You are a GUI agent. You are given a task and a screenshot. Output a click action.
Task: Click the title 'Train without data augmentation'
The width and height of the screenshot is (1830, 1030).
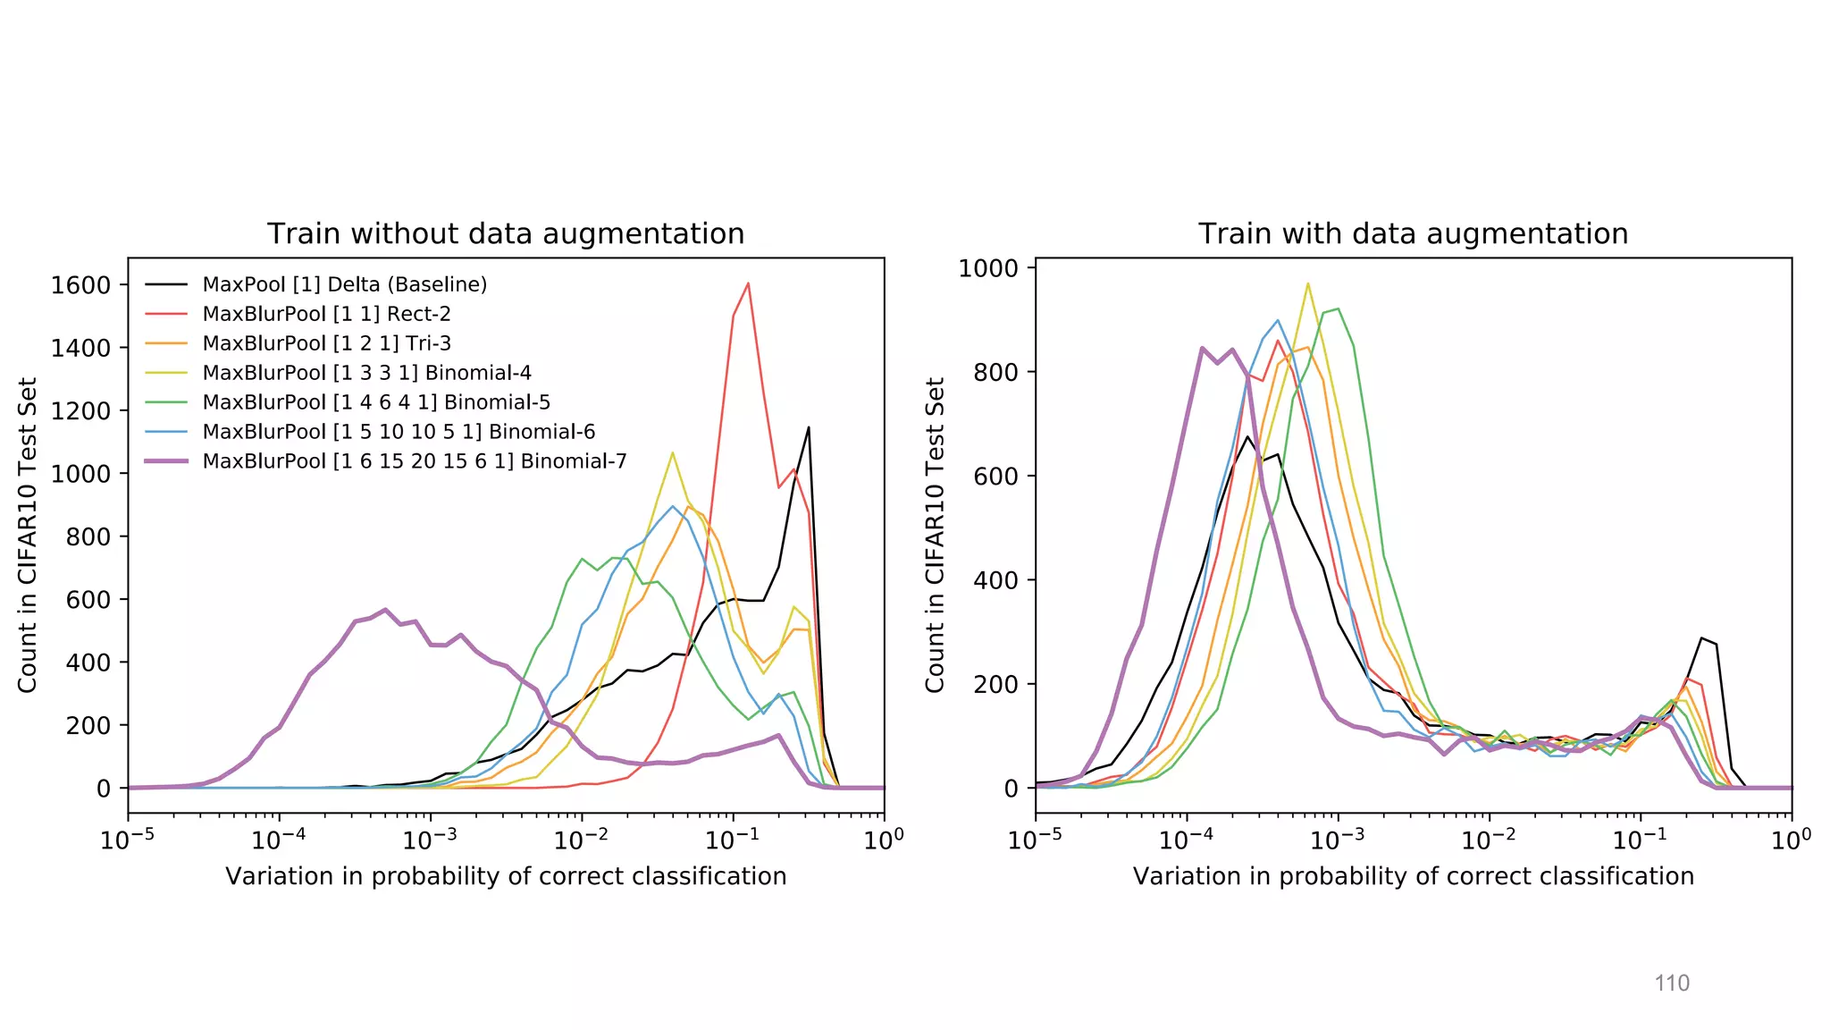(506, 234)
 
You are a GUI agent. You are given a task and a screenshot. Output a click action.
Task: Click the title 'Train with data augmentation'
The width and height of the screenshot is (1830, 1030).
(1413, 234)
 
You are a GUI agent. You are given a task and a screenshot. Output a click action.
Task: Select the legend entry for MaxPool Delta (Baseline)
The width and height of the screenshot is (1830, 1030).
(344, 284)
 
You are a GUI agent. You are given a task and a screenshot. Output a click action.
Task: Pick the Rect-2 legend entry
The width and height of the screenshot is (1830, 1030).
(326, 314)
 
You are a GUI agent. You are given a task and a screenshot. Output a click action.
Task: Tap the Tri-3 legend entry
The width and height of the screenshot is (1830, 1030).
(326, 343)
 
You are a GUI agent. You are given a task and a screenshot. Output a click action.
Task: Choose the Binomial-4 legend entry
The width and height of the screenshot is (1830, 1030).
(366, 373)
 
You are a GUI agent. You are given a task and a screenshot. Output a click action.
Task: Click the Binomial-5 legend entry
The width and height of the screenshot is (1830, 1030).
(376, 402)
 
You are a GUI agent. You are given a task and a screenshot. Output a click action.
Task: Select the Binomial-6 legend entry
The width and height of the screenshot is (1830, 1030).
(399, 432)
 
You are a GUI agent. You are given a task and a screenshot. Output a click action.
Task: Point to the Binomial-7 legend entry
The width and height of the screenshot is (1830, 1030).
(414, 461)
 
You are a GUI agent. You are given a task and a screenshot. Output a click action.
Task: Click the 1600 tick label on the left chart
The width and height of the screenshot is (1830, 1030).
(80, 285)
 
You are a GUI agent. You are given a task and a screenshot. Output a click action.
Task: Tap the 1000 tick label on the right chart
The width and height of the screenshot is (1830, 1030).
(988, 268)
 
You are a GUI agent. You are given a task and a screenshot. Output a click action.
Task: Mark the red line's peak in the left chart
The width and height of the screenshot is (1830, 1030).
(748, 283)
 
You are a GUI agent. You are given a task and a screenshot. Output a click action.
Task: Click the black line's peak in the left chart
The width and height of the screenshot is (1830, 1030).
(809, 427)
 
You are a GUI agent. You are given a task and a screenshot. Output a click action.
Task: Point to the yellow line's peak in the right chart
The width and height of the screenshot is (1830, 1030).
(1308, 284)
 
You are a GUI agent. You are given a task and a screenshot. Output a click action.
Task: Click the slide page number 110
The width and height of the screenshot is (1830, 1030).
(1672, 984)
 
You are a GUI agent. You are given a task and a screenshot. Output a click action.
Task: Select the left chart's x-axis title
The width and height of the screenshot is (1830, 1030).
(506, 876)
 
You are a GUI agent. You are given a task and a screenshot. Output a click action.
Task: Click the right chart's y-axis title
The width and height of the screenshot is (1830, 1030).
(935, 535)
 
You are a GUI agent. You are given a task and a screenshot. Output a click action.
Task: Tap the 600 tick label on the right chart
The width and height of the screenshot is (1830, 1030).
(995, 477)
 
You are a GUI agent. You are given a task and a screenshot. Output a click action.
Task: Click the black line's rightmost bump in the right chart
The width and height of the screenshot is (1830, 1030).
(1702, 638)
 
